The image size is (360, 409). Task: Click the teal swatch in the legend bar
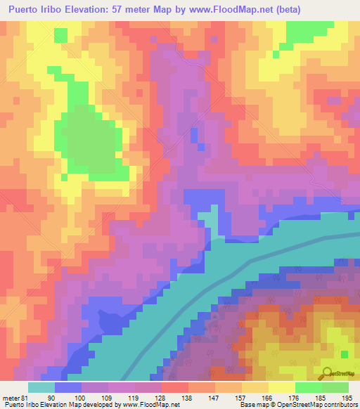click(41, 387)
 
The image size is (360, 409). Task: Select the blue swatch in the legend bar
click(67, 387)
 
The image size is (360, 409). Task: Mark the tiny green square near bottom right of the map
click(345, 353)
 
